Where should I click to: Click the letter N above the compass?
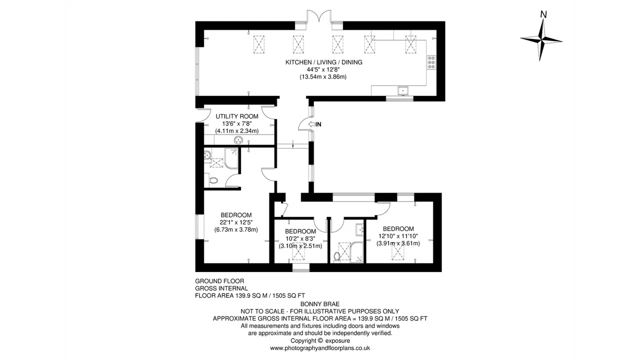543,14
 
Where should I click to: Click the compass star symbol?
541,40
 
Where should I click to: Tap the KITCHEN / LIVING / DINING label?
323,62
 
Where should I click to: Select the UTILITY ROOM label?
237,116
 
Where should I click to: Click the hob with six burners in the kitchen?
431,62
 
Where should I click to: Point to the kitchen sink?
403,91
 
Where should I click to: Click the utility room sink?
238,140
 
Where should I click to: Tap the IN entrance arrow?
315,124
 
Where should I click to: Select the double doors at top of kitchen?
319,16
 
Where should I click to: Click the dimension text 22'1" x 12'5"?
236,222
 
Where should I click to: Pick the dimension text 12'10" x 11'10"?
398,236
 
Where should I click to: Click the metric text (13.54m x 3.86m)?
323,77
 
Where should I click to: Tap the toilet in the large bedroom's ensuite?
213,180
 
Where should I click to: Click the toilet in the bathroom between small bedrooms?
337,256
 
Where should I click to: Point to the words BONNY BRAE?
320,304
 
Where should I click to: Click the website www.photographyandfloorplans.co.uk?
320,348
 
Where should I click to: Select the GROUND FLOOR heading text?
219,281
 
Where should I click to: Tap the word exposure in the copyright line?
337,341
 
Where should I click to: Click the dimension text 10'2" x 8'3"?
300,238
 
